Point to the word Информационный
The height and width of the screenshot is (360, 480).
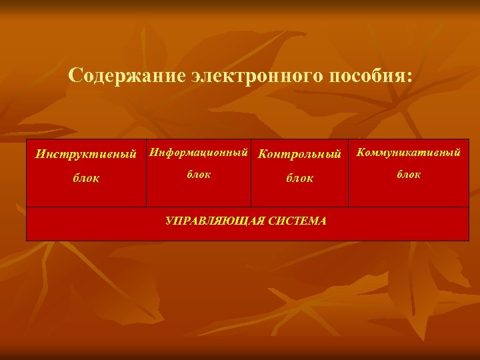pyautogui.click(x=199, y=153)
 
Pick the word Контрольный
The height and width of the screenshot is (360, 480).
pyautogui.click(x=299, y=154)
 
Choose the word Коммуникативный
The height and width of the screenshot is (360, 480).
pyautogui.click(x=409, y=153)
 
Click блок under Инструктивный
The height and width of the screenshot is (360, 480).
pyautogui.click(x=86, y=179)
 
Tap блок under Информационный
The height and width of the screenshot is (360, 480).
pyautogui.click(x=199, y=174)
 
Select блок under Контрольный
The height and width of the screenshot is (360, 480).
pyautogui.click(x=299, y=179)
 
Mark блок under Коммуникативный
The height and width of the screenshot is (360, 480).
pyautogui.click(x=409, y=174)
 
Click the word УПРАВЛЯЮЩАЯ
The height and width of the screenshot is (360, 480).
pyautogui.click(x=207, y=221)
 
